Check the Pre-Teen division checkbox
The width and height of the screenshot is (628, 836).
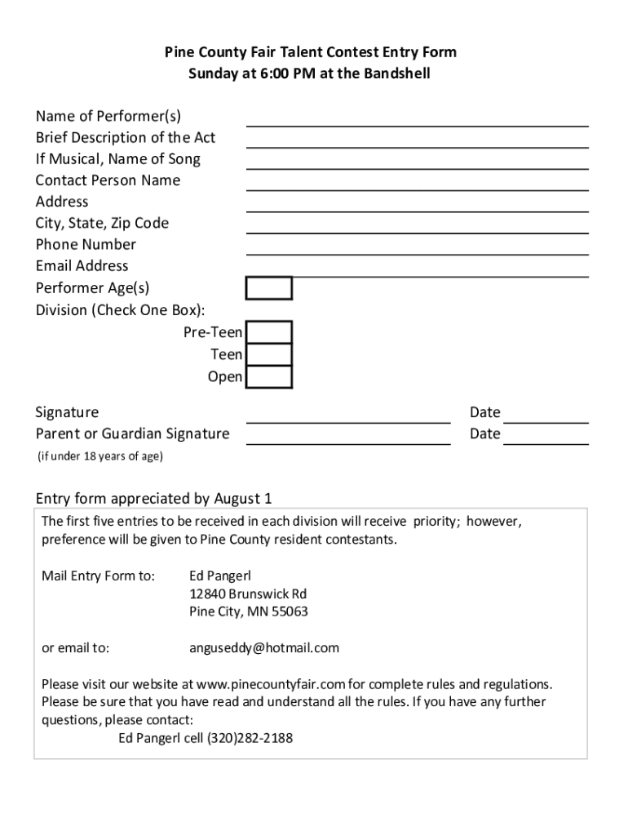[x=269, y=332]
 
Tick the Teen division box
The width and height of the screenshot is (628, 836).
[x=269, y=354]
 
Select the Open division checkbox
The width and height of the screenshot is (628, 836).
[x=269, y=376]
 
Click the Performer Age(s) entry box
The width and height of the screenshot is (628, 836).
[x=269, y=288]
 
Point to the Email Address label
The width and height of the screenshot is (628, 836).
[x=82, y=265]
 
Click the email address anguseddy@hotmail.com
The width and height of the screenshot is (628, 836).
[x=263, y=648]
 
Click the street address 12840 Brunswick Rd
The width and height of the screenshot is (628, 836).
[x=248, y=594]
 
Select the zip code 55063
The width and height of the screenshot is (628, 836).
[x=289, y=611]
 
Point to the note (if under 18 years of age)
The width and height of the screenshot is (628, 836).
[x=100, y=456]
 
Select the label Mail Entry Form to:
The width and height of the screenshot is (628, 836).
[x=98, y=576]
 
